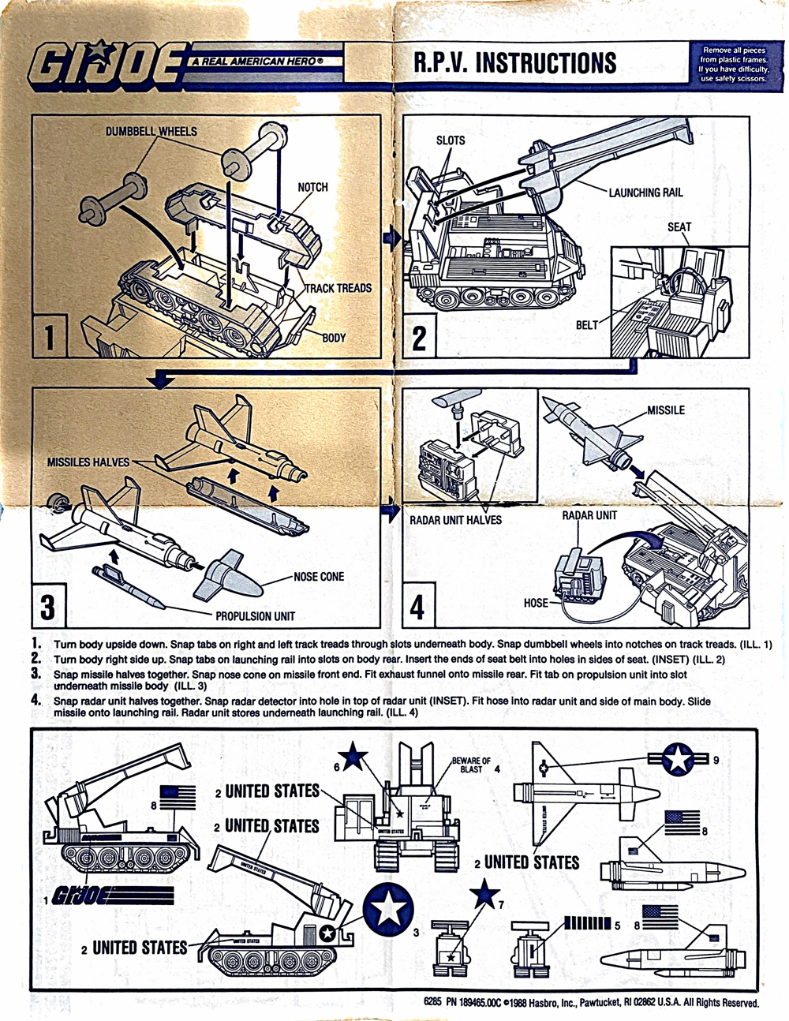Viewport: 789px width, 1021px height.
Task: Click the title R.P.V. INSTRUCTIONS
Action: [515, 62]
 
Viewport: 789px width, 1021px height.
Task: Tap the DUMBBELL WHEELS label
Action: [151, 132]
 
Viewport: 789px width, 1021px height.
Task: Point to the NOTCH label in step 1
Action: [312, 188]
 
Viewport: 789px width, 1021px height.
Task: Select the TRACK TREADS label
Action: [338, 289]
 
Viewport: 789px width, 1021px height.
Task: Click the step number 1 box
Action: [49, 336]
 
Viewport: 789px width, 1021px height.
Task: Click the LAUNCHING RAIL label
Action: [645, 193]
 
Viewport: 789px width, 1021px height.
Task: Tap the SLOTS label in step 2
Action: [451, 140]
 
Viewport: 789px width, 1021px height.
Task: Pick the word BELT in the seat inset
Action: [587, 325]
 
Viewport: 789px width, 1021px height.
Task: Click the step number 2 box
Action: [420, 338]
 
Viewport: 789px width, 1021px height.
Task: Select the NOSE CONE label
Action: [319, 577]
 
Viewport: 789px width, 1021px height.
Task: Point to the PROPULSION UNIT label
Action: [255, 616]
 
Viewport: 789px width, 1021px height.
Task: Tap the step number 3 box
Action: [48, 607]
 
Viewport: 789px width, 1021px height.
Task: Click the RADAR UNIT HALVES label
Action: [455, 520]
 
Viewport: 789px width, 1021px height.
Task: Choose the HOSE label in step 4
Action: [536, 603]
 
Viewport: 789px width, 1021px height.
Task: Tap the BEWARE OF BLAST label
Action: [471, 765]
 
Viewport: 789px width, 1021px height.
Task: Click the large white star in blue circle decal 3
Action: [388, 909]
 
